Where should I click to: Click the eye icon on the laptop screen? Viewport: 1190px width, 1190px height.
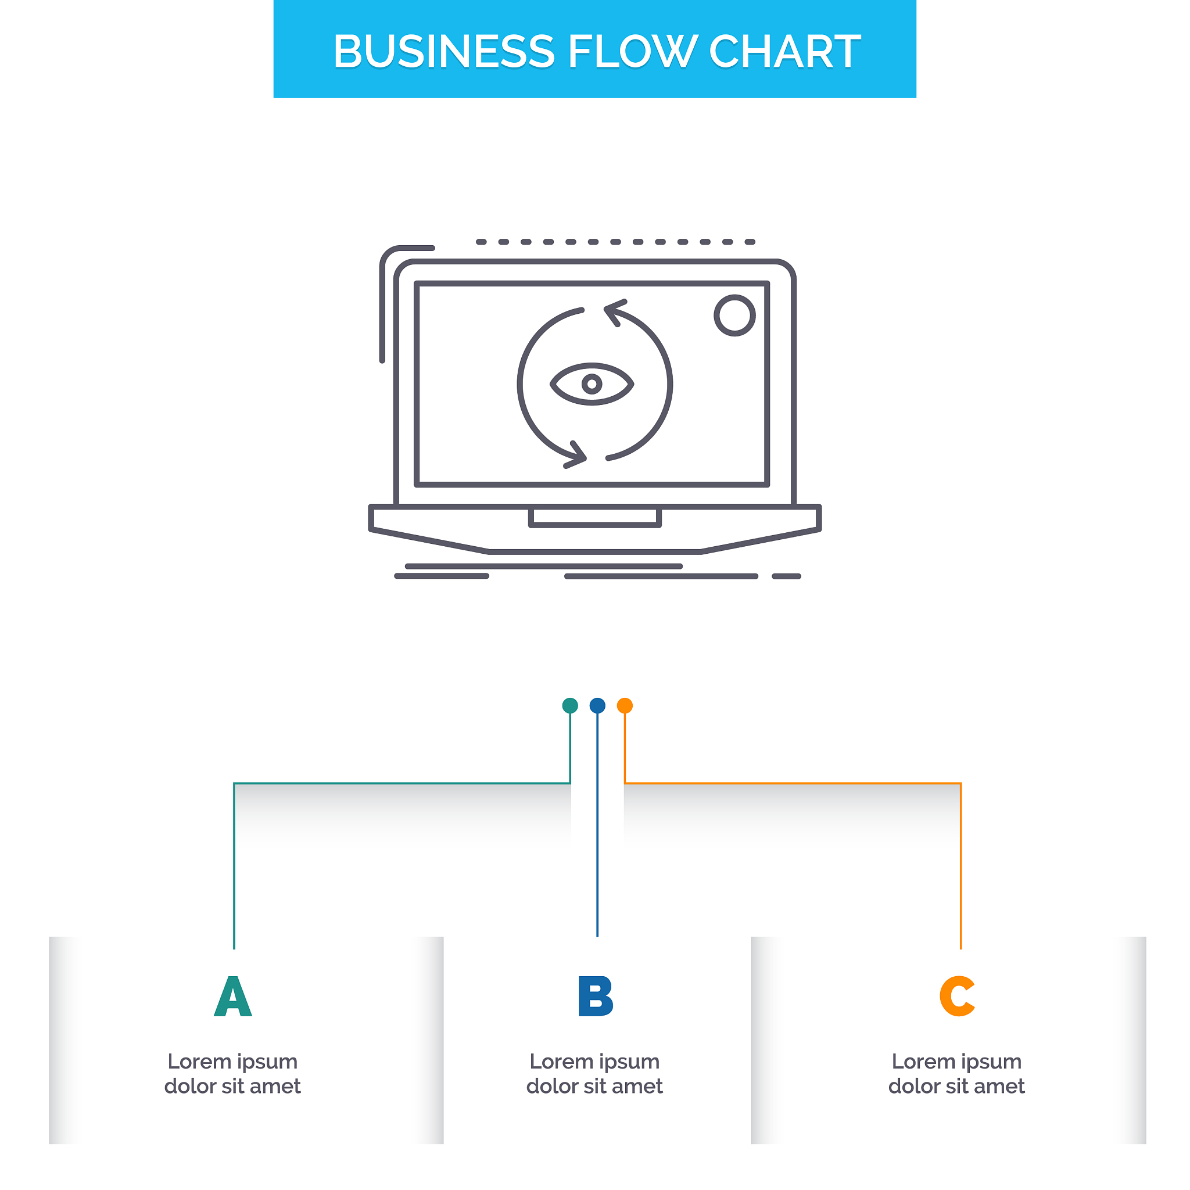click(x=592, y=384)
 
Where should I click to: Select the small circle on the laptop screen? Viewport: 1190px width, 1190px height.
click(x=735, y=316)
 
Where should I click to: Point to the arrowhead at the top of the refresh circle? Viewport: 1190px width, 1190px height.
click(x=615, y=312)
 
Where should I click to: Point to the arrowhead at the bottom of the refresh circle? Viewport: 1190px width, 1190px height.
click(x=576, y=455)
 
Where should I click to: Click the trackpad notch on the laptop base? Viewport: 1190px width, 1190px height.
click(x=595, y=517)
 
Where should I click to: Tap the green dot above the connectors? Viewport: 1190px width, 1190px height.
click(x=571, y=706)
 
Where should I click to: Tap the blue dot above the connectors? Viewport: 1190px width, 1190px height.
click(x=597, y=706)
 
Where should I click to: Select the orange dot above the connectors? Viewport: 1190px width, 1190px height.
click(x=625, y=706)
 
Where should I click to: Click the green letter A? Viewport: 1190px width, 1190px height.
click(x=233, y=996)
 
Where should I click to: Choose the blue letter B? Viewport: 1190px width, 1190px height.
click(x=596, y=996)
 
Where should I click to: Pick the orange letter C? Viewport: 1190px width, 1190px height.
click(x=957, y=996)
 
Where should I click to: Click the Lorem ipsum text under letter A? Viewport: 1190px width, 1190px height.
click(x=233, y=1074)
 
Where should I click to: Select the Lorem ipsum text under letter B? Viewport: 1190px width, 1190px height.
click(x=595, y=1074)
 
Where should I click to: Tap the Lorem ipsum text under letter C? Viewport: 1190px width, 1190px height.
click(x=956, y=1074)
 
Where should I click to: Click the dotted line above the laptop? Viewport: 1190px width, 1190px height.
click(x=616, y=242)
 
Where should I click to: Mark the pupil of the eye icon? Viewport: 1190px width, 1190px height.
click(x=592, y=384)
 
